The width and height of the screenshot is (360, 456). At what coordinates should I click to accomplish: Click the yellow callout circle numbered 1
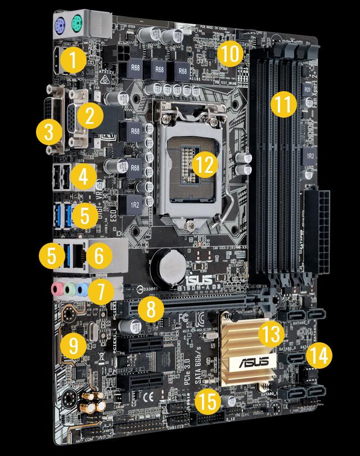coord(74,61)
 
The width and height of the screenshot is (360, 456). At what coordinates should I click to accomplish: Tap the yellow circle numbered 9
coord(74,343)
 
